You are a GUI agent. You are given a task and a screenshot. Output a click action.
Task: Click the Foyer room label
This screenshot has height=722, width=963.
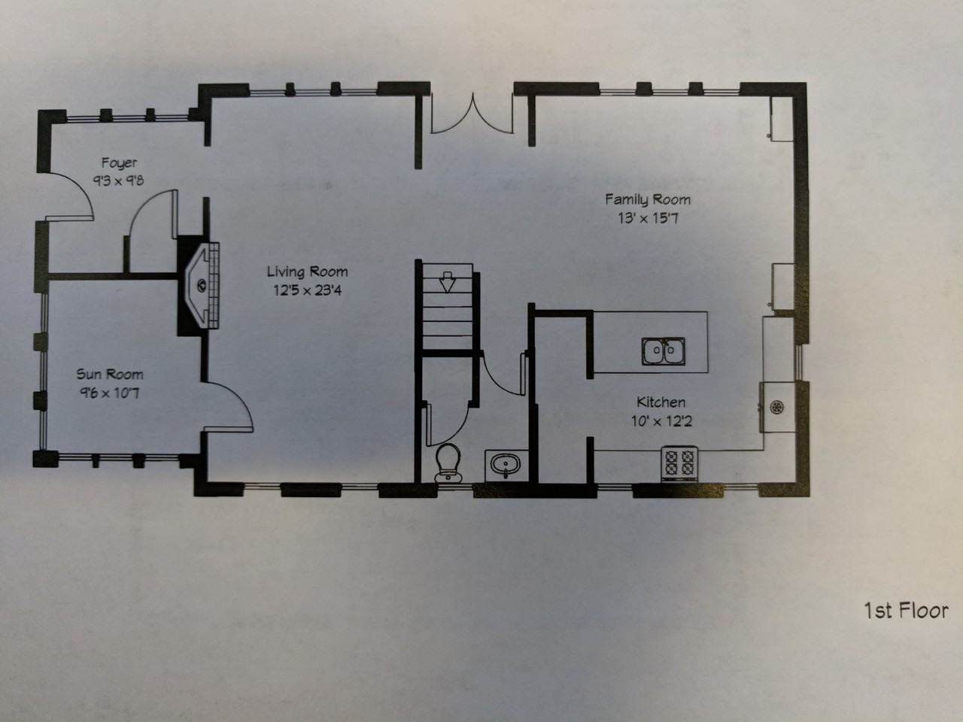pos(119,162)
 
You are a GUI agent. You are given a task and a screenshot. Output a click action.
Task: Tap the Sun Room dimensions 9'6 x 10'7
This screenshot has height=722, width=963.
pos(109,393)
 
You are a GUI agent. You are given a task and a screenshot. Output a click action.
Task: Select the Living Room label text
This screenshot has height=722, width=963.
pos(307,272)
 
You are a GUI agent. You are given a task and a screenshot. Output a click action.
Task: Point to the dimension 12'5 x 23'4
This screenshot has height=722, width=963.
pos(307,290)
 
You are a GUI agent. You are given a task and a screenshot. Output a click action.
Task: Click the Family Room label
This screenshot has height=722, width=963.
pos(648,199)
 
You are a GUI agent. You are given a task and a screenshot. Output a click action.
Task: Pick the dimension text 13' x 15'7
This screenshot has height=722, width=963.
pos(648,219)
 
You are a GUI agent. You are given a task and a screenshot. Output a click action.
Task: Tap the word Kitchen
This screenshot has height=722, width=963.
pos(661,402)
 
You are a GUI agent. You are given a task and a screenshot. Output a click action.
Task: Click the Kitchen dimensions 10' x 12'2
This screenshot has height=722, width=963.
pos(661,421)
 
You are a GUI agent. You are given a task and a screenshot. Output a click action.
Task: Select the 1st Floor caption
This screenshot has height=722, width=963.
pos(906,610)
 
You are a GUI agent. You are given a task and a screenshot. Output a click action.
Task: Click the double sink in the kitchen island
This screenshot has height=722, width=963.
pos(663,351)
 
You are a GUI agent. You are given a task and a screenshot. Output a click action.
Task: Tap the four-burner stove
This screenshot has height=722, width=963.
pos(679,463)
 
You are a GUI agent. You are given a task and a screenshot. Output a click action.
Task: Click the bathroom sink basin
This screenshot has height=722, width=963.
pos(503,464)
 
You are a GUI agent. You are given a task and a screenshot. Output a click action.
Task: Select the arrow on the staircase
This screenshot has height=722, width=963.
pos(447,282)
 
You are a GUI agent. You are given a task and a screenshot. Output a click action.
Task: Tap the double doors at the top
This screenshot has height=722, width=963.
pos(472,114)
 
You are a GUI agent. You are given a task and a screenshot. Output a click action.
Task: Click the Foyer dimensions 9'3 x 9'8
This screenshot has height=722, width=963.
pos(118,180)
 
